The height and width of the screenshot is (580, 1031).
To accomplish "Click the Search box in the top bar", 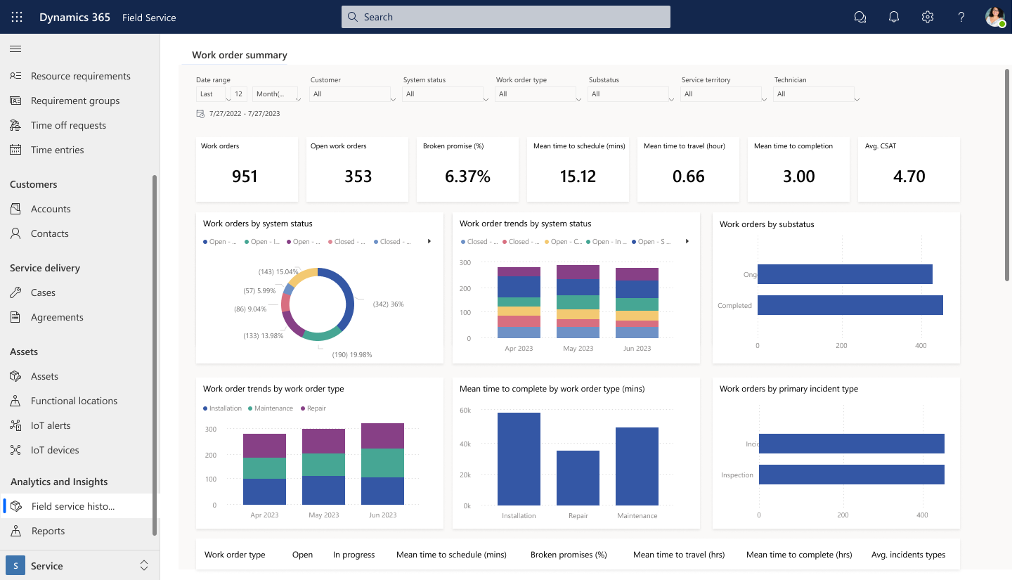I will point(506,17).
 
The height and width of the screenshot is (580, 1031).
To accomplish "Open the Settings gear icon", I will point(928,17).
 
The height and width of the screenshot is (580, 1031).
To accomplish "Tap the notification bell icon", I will point(894,17).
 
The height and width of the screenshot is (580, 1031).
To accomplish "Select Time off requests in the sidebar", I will point(68,125).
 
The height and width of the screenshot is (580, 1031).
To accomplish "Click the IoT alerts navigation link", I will point(51,425).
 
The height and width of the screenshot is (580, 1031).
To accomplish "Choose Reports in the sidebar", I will point(48,531).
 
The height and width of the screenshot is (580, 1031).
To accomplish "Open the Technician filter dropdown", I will point(816,94).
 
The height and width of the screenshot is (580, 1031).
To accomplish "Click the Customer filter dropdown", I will point(352,94).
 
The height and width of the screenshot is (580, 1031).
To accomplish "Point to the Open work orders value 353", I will point(358,176).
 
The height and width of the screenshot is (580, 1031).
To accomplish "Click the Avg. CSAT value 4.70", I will point(909,176).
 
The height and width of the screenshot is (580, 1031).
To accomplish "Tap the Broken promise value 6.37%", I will point(467,176).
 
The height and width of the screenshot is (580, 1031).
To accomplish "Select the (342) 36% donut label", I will point(388,304).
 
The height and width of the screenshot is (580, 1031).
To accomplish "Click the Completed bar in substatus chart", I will point(850,305).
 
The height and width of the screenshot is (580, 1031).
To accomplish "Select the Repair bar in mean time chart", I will point(578,478).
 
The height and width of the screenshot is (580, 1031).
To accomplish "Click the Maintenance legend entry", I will point(273,408).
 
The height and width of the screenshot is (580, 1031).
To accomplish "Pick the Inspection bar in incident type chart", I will point(851,475).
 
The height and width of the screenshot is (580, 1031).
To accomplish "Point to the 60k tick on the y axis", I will point(465,411).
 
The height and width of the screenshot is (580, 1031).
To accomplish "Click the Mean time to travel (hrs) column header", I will point(679,555).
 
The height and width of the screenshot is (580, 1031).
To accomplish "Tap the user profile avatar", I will point(994,17).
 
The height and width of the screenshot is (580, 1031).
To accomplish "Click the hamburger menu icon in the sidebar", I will point(15,49).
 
